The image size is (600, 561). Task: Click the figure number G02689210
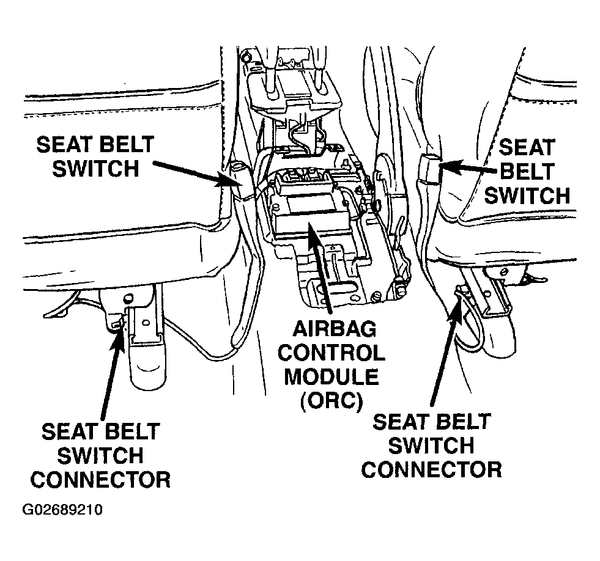tap(62, 510)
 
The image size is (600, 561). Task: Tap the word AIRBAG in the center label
tap(334, 329)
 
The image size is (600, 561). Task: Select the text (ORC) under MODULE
tap(331, 402)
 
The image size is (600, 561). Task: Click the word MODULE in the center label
tap(331, 377)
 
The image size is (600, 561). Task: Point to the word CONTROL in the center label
tap(331, 353)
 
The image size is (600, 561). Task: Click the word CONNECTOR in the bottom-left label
tap(100, 480)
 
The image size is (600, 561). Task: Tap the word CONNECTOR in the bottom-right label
tap(431, 470)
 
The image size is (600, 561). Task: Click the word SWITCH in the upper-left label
tap(95, 169)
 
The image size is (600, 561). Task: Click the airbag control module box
tap(306, 214)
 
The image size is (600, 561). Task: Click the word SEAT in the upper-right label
tap(527, 147)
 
